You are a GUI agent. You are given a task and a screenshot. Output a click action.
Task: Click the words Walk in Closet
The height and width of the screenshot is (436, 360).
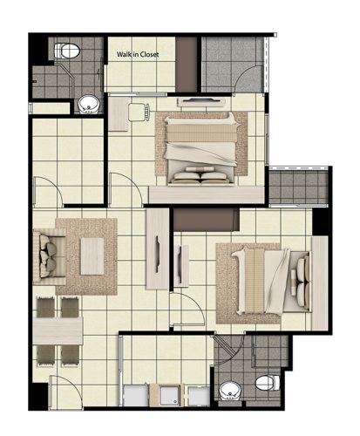[x=138, y=54]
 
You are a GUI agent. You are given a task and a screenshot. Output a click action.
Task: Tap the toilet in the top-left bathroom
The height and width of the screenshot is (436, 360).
[x=67, y=51]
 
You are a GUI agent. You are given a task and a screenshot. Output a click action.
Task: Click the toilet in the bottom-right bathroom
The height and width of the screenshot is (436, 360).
[x=268, y=383]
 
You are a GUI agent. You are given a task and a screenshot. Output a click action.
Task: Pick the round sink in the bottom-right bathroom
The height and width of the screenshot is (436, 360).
[x=230, y=391]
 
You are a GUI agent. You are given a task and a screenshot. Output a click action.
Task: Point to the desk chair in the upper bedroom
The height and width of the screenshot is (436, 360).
[x=139, y=112]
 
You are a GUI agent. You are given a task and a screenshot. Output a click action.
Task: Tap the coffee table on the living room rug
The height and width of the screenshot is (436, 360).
[x=92, y=256]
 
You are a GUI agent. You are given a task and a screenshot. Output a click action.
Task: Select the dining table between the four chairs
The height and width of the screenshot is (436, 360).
[x=58, y=330]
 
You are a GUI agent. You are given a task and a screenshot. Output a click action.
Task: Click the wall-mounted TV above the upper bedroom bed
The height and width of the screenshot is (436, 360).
[x=201, y=101]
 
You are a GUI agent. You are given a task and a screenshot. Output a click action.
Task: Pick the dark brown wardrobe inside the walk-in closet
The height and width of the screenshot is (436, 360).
[x=187, y=64]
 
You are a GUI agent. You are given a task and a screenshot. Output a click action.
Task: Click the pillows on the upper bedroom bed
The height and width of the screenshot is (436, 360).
[x=200, y=175]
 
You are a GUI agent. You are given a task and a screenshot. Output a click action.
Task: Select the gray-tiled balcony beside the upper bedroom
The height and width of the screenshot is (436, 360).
[x=298, y=187]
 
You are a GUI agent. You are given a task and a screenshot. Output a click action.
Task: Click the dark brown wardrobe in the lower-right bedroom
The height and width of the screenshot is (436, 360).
[x=207, y=220]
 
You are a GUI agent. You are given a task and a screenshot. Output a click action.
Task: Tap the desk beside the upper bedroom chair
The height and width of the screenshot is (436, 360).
[x=119, y=114]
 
